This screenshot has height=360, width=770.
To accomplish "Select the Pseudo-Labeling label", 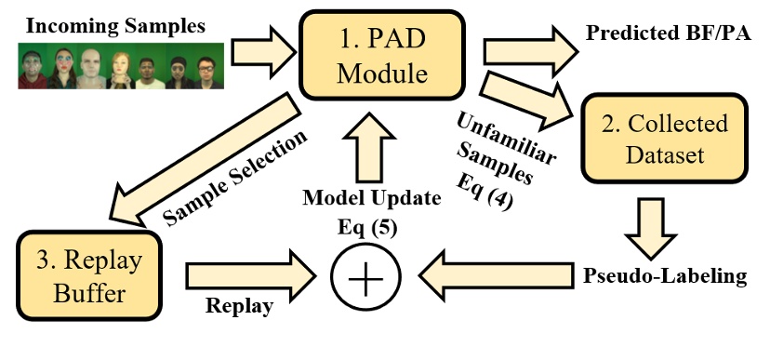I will (x=667, y=276).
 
